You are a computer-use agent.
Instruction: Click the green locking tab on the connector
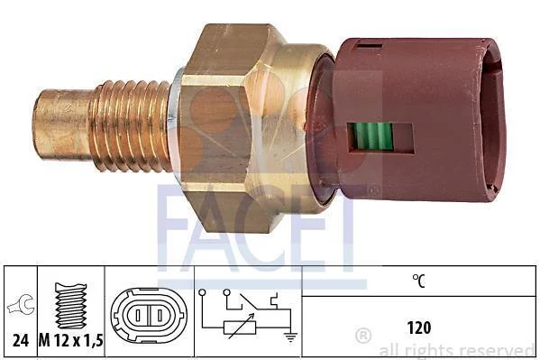(x=373, y=136)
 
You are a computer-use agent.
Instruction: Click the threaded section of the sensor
(x=130, y=125)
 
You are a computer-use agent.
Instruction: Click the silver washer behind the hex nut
(x=175, y=125)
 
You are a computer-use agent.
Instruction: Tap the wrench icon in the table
(x=21, y=305)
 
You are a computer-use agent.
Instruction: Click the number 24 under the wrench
(x=21, y=341)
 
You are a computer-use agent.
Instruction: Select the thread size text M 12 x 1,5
(x=71, y=341)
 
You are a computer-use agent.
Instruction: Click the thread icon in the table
(x=71, y=306)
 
